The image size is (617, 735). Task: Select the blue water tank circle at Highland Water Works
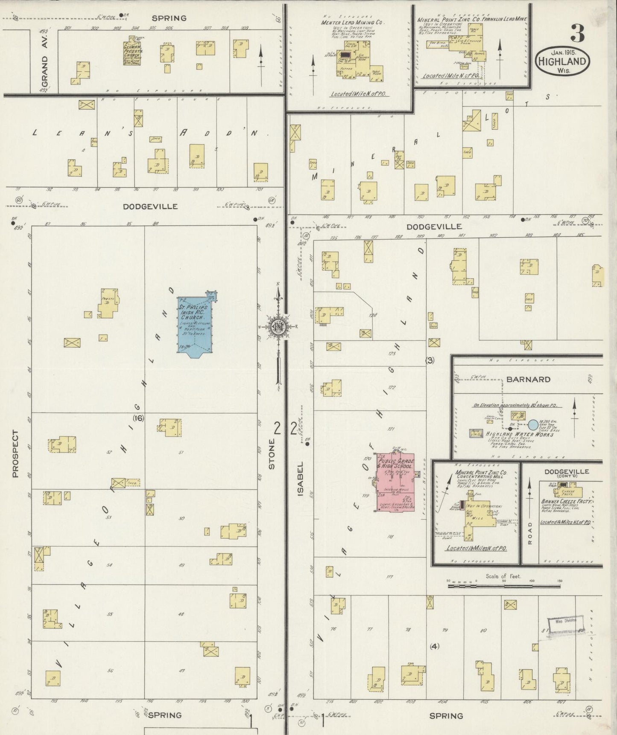(x=532, y=425)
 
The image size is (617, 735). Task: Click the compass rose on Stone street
(x=278, y=327)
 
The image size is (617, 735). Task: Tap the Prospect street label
(x=16, y=453)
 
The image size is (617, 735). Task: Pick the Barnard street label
(x=528, y=379)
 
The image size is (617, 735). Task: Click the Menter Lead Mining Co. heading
(x=353, y=22)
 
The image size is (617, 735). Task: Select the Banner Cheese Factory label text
(x=566, y=502)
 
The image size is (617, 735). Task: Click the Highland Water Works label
(x=519, y=434)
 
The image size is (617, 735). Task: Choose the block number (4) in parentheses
(x=434, y=646)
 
